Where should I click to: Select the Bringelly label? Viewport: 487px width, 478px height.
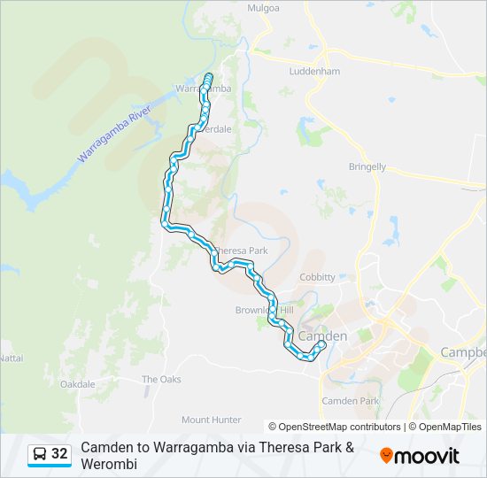(x=367, y=166)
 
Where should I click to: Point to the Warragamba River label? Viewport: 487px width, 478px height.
(x=115, y=131)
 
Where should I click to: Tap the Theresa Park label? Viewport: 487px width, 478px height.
(x=241, y=251)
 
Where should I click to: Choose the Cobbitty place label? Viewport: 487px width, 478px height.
(x=317, y=277)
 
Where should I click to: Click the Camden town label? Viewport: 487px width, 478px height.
(x=323, y=336)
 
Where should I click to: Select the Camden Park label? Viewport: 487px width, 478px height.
(x=351, y=401)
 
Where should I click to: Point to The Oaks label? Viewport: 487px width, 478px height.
(x=162, y=379)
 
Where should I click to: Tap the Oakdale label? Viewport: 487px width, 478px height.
(x=77, y=384)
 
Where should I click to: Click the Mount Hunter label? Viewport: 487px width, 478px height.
(x=211, y=420)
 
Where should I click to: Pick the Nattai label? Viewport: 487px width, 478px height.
(x=11, y=358)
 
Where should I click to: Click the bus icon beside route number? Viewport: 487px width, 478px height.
(x=40, y=454)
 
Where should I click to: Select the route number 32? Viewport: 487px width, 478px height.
(x=59, y=454)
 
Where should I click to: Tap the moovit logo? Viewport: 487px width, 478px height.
(x=420, y=456)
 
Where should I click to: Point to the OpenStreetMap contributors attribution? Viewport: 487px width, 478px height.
(x=335, y=427)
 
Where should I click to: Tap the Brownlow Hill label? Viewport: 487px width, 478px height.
(x=264, y=310)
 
